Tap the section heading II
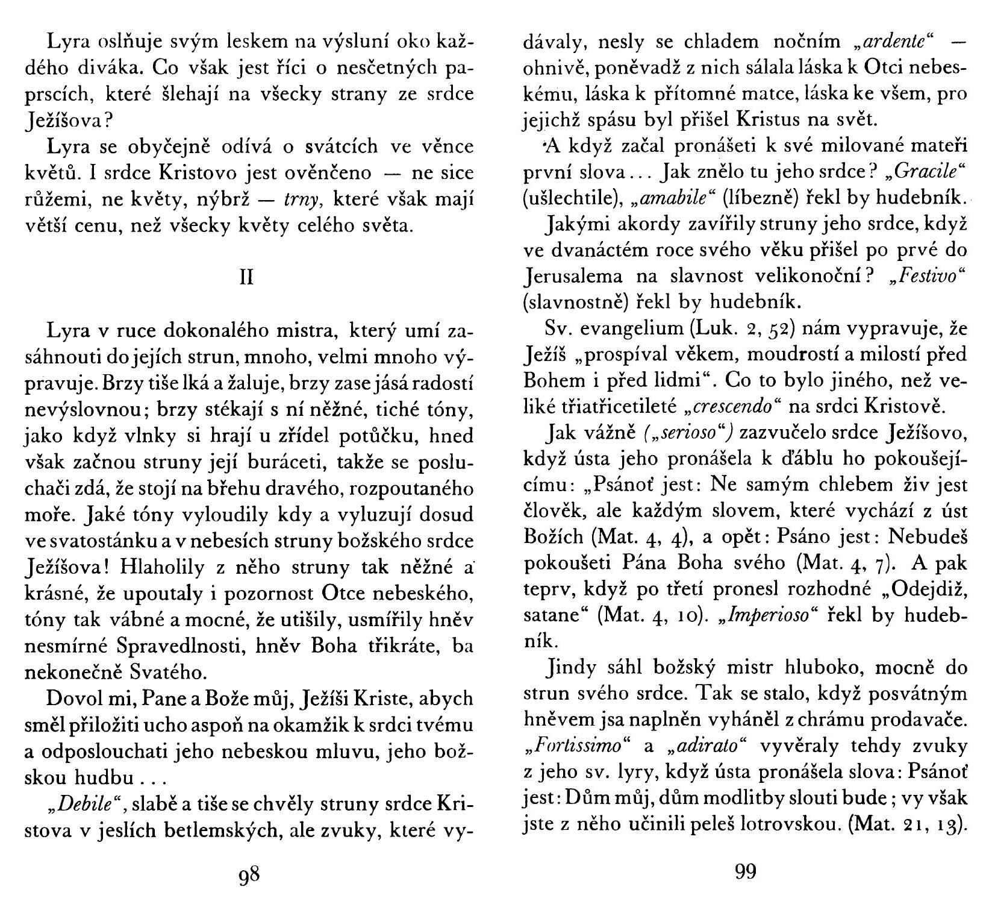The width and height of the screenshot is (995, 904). pos(246,278)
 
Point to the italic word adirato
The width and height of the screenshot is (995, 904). pos(705,745)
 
